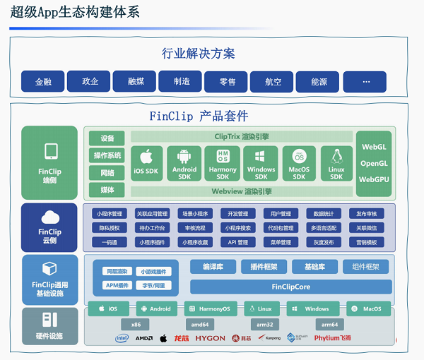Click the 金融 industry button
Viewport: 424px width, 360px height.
point(43,82)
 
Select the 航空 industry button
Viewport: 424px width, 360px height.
point(272,82)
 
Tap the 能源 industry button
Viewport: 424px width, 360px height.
point(317,82)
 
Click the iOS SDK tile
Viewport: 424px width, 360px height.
point(147,164)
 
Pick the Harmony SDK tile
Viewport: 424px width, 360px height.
point(223,164)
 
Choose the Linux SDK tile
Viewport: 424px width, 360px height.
point(336,164)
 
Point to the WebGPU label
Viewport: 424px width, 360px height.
point(374,180)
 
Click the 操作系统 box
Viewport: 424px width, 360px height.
point(107,155)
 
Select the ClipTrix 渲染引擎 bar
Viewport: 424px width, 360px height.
point(240,136)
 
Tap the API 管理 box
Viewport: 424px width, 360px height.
point(237,242)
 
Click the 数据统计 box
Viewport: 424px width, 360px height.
point(324,214)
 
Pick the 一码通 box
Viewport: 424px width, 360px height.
point(108,242)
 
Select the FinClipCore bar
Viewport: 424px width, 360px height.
point(290,287)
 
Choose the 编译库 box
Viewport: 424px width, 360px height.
point(212,267)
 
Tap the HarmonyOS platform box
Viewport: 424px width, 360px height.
point(210,308)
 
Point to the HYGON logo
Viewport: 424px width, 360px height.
point(210,339)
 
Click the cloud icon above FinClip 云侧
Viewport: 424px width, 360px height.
point(49,217)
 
